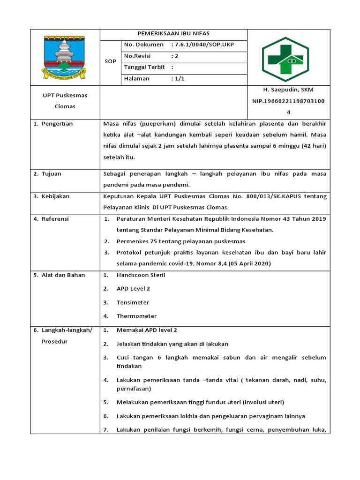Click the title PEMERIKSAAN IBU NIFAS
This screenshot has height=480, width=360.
173,34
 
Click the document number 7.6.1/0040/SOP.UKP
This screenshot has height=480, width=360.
204,45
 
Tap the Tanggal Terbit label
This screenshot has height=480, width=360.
144,67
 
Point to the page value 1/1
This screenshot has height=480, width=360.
180,79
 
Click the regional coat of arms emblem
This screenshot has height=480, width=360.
65,58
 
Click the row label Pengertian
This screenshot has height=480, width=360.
57,124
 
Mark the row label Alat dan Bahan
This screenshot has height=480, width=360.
63,275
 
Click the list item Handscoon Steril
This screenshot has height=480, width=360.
141,275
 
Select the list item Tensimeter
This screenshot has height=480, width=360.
133,302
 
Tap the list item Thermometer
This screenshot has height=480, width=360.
136,316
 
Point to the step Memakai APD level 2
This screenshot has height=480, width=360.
147,330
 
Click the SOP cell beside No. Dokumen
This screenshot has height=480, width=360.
110,61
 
